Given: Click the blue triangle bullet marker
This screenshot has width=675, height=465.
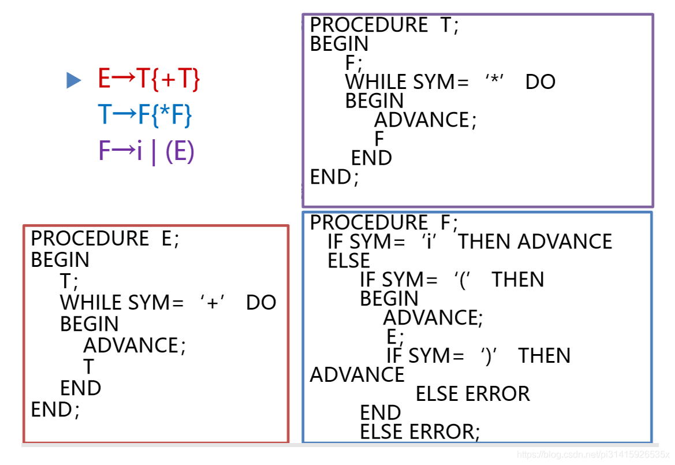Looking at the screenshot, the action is point(74,80).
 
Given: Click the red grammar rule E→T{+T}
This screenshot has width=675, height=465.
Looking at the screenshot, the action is point(148,80).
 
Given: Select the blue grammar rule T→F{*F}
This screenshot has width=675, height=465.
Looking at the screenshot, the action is point(145,116).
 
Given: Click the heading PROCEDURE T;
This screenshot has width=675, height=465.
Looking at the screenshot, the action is point(384,25).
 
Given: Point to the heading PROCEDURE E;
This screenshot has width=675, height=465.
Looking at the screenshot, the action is point(105,239).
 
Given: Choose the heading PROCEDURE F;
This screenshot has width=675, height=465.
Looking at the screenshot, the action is point(384,222).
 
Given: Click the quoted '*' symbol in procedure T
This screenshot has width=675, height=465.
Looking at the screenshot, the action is point(494,82).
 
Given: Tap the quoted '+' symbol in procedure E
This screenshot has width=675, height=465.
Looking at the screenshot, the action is point(212,303).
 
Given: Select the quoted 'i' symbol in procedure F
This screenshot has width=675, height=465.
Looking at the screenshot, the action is point(428,241).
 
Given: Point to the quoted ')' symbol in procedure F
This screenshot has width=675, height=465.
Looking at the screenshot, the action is point(490,356).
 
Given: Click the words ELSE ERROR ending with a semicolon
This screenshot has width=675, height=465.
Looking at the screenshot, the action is point(420,432).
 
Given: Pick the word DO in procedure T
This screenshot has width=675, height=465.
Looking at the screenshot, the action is point(540,82).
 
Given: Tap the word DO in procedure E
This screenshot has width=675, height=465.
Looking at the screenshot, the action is point(261,303).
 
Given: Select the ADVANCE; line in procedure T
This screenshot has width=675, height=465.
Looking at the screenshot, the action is point(426,120).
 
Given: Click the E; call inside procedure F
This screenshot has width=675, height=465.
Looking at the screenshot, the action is point(396,337).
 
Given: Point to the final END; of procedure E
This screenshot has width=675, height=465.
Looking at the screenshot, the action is point(55,410).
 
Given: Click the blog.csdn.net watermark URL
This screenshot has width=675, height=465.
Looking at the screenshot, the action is point(593,455).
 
